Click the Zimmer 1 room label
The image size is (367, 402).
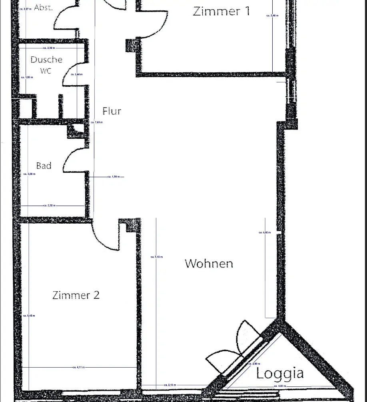[221, 11]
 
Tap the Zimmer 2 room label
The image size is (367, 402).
[76, 295]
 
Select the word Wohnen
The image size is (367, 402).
[209, 263]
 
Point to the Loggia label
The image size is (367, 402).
[280, 373]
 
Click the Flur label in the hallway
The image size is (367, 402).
[112, 111]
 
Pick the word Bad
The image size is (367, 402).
[44, 166]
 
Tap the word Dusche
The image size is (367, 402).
[46, 60]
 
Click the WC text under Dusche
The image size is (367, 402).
[46, 71]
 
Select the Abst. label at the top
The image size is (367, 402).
[43, 7]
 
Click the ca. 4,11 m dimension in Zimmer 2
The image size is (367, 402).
[78, 367]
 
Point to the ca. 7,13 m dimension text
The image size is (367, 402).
[156, 257]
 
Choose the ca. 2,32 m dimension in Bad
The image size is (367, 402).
[49, 205]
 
